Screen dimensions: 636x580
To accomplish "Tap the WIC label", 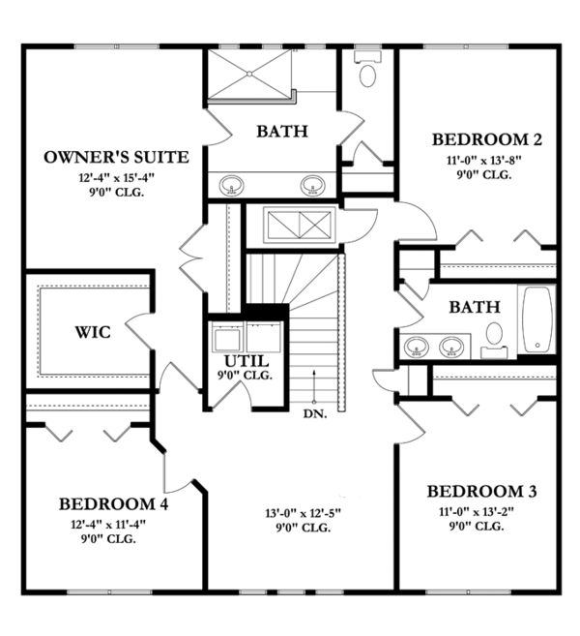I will point(93,332).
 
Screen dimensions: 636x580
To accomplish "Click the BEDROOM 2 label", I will point(486,138).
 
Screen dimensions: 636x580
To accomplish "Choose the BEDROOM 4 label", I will point(107,503).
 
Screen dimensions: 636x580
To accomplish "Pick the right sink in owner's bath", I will point(312,185).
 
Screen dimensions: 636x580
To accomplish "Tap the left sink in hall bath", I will point(417,345).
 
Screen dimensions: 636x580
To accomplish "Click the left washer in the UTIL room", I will point(228,339).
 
